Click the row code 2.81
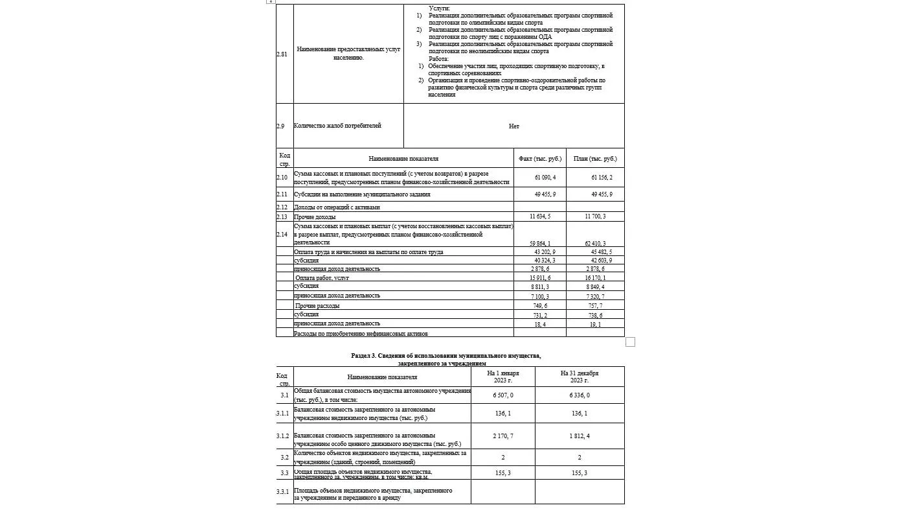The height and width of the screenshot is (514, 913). (x=282, y=54)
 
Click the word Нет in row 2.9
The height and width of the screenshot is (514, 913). (x=513, y=126)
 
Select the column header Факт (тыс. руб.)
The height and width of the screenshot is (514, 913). (x=540, y=159)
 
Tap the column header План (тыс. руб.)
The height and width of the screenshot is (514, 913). (x=595, y=159)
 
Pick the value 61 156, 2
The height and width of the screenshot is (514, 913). (x=602, y=177)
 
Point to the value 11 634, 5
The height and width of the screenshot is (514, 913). (x=539, y=216)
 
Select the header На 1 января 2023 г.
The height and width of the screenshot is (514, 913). (x=502, y=377)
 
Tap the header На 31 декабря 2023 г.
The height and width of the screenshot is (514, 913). (x=580, y=377)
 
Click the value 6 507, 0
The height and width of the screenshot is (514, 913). (x=502, y=395)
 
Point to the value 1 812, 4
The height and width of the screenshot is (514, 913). (x=580, y=436)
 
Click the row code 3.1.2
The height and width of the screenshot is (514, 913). (x=282, y=436)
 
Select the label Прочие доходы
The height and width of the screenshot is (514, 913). (x=315, y=216)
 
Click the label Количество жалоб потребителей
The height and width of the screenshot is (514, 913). (x=337, y=126)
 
